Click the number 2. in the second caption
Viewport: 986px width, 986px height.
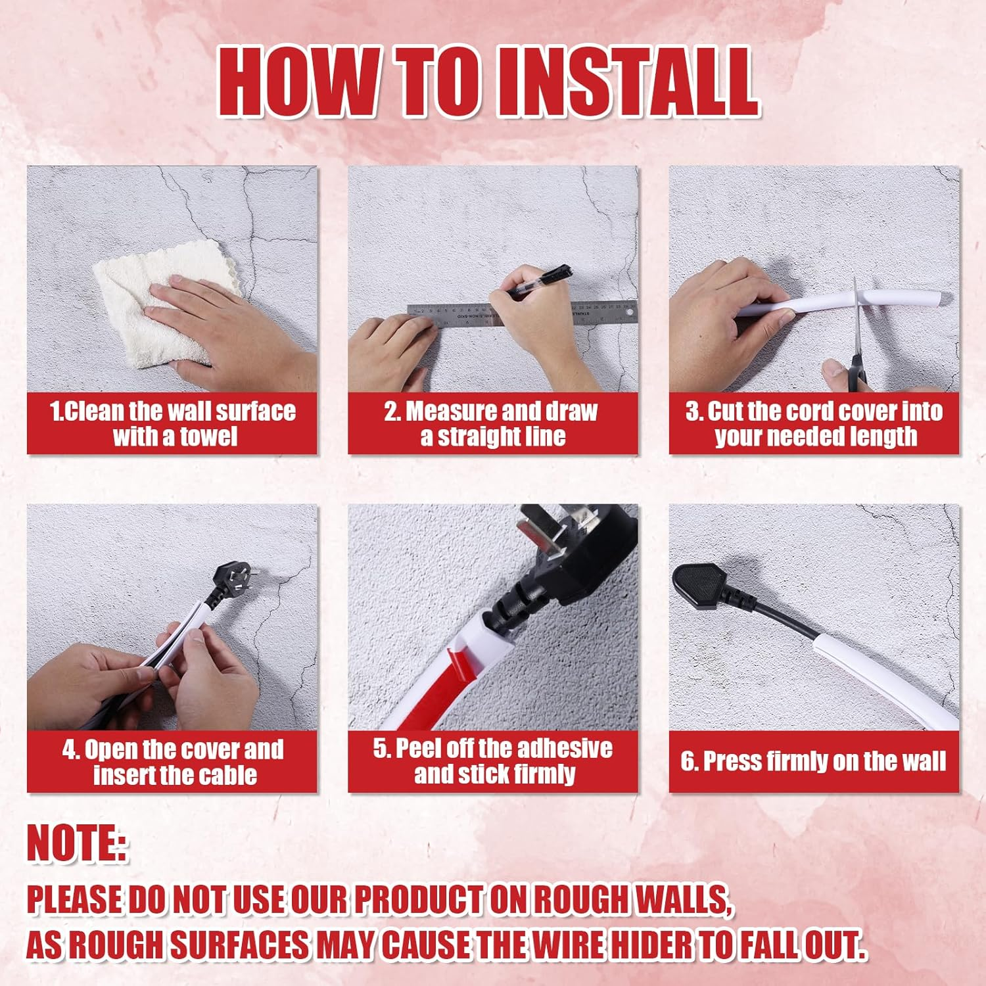(392, 411)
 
